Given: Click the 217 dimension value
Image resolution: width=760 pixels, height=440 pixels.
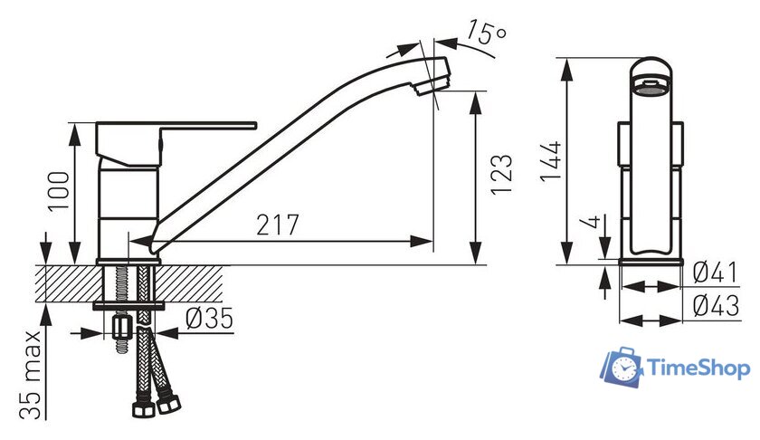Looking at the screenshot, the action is (x=278, y=225).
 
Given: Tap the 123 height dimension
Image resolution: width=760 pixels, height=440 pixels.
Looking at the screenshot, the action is (x=501, y=175).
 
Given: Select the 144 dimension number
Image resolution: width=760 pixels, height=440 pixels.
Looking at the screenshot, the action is (x=551, y=161).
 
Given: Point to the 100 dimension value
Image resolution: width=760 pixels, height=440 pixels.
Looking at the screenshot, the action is (x=59, y=191).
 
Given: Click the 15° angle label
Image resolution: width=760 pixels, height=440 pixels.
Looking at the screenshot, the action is (x=487, y=33).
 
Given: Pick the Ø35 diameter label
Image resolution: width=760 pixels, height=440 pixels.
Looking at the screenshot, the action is (x=209, y=319).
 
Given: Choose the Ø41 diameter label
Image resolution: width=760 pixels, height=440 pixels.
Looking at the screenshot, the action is (x=716, y=273).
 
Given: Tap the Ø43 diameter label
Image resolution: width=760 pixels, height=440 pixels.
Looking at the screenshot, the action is (x=717, y=306).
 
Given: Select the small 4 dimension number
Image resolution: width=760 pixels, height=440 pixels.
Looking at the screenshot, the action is (x=592, y=222).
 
